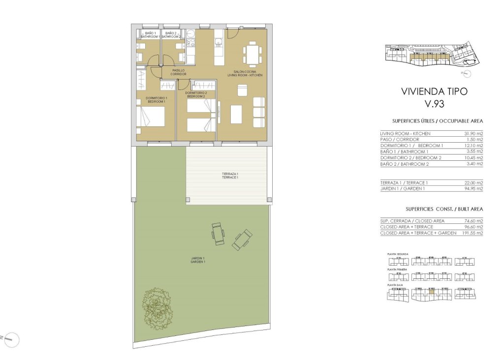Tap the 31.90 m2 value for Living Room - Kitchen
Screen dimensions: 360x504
coord(473,134)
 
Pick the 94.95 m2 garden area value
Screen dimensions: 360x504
coord(473,188)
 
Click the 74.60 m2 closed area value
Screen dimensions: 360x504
coord(473,221)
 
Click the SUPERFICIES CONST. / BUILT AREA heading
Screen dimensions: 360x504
coord(431,209)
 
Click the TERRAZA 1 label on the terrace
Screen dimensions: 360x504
coord(230,174)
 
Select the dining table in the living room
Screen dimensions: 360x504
coord(253,54)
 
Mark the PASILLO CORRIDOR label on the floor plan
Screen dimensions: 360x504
coord(178,72)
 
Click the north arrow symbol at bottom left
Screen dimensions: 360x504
coord(13,339)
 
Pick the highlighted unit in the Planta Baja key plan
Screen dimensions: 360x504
coord(431,291)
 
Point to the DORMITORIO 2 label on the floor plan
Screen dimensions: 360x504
coord(196,94)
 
